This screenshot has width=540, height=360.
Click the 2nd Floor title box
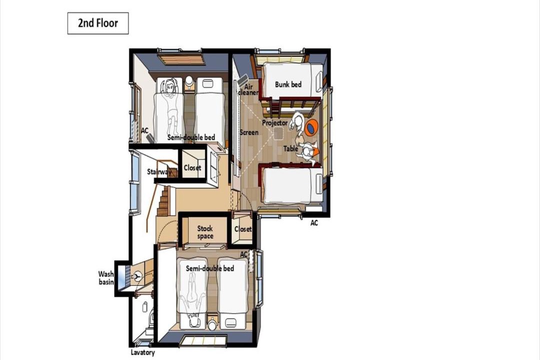[98, 23]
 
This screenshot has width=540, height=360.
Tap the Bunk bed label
[288, 84]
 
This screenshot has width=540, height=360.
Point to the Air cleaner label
[248, 89]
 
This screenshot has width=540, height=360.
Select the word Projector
[275, 122]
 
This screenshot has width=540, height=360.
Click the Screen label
[249, 132]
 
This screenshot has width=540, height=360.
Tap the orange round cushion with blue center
[311, 128]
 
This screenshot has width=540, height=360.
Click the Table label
[290, 148]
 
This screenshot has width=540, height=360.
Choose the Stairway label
[159, 171]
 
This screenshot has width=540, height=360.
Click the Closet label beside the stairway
[192, 168]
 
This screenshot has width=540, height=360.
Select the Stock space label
[205, 232]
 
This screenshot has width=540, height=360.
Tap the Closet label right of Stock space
[243, 229]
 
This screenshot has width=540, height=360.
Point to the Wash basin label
[105, 278]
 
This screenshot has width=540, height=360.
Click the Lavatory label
[142, 352]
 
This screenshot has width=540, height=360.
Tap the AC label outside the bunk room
[314, 223]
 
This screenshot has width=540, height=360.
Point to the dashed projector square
[278, 133]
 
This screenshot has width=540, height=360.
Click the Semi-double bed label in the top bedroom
[191, 137]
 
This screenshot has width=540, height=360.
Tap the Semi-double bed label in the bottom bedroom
[209, 268]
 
